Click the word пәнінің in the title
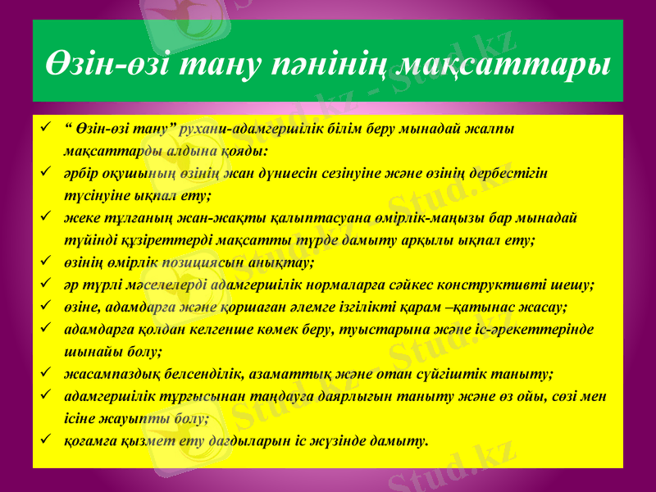tap(324, 61)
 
